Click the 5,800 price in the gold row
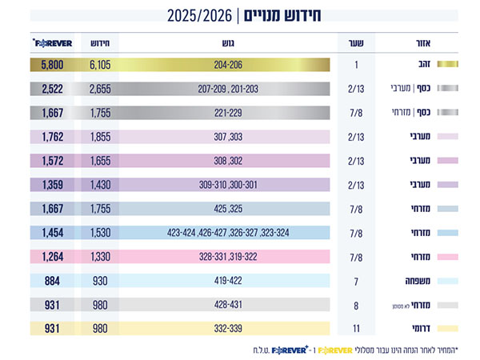52,65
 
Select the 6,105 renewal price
100,65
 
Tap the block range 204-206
228,65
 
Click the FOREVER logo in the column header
52,43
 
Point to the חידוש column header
100,43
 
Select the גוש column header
228,43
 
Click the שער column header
356,43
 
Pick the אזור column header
423,43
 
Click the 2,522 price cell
52,89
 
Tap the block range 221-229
228,113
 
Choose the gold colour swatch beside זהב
447,64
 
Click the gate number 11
356,329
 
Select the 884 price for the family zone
52,281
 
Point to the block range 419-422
228,281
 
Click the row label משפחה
418,281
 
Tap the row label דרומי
422,329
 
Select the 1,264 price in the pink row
52,257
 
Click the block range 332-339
228,329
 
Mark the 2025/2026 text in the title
199,16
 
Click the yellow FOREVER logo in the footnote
335,350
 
